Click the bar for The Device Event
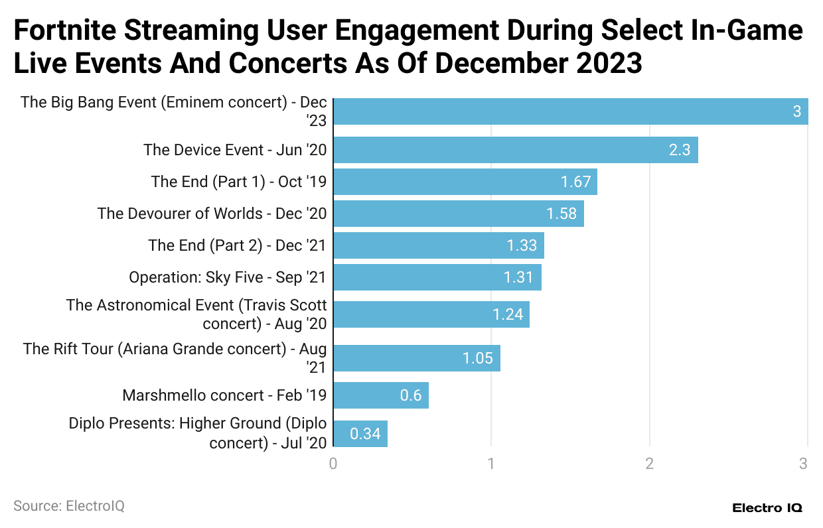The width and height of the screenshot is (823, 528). point(515,150)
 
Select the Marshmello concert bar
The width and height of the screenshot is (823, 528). point(380,395)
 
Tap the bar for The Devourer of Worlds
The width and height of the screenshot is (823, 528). point(458,214)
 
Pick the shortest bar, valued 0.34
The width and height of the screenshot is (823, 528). point(360,434)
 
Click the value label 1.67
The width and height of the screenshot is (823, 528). point(575,182)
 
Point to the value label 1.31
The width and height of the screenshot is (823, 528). point(518,277)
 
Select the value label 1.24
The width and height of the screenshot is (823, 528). point(508,314)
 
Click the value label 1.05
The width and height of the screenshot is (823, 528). point(478,359)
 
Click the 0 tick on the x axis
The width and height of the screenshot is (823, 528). point(333,464)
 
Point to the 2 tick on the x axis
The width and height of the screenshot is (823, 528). point(649,464)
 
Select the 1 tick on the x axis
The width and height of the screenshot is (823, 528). point(491,464)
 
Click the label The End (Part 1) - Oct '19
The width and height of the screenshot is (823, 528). point(238,182)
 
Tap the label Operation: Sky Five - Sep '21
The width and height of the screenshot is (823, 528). point(228,277)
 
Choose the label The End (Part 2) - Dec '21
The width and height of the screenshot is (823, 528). point(237,245)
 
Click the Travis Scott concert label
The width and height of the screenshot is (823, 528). point(196,314)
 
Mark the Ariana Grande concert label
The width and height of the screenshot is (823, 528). point(175,358)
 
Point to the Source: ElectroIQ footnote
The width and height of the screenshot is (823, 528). point(69,506)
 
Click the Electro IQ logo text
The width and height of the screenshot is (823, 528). point(767,508)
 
